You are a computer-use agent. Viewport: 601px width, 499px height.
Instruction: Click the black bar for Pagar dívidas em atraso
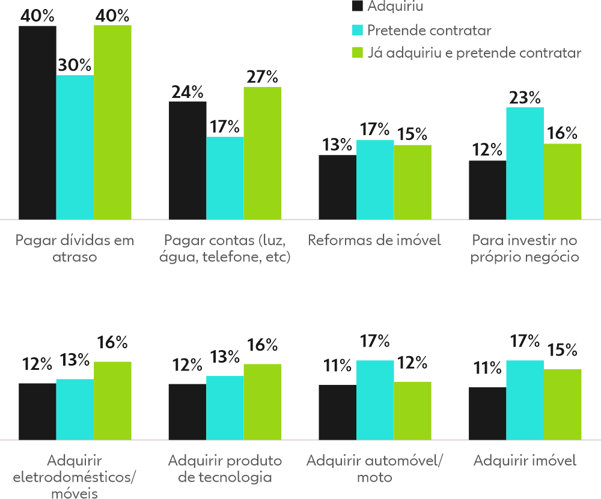(37, 122)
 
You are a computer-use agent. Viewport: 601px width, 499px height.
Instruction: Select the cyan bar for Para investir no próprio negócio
(525, 163)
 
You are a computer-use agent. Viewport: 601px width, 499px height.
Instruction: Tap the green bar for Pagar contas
(262, 153)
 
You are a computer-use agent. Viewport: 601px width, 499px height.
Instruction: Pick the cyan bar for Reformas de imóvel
(375, 180)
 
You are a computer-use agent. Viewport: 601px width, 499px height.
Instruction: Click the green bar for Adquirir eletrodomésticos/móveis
(112, 401)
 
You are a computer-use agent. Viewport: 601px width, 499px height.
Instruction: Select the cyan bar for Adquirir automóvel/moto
(375, 400)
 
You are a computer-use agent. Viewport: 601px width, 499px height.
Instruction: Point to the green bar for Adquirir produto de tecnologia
(262, 402)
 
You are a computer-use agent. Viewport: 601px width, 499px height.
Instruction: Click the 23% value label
(525, 97)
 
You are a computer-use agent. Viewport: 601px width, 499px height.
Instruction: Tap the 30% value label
(75, 65)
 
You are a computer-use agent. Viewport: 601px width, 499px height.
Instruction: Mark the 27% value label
(262, 77)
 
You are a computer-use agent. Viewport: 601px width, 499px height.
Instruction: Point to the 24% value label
(187, 92)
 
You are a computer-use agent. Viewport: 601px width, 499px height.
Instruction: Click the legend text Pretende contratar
(429, 30)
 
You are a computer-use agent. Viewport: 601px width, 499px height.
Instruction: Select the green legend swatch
(358, 53)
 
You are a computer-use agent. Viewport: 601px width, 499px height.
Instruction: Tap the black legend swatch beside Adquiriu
(358, 7)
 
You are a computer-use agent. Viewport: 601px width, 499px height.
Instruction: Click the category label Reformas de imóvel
(374, 241)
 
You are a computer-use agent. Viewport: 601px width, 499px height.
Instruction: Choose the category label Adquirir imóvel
(524, 461)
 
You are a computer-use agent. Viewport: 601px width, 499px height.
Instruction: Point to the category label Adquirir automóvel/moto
(374, 469)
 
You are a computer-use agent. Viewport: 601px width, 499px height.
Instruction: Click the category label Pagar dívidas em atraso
(75, 249)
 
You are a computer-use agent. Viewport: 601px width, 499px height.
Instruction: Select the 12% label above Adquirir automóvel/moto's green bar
(412, 363)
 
